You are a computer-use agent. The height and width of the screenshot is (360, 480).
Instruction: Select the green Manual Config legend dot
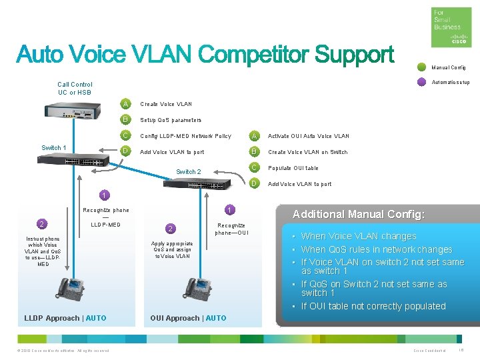421,67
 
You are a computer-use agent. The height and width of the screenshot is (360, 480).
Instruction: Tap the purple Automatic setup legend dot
421,82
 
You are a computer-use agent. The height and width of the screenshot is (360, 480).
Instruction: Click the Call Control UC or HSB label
75,89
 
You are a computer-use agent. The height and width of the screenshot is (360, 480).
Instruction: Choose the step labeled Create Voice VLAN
165,104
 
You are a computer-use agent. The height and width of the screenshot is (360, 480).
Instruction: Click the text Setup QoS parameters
170,120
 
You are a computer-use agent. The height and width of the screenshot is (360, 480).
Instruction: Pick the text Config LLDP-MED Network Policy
185,136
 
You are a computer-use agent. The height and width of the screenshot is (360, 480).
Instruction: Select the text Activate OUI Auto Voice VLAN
308,136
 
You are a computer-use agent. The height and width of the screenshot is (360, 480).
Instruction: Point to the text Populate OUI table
293,168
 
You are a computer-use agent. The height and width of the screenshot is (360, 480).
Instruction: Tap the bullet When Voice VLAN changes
358,236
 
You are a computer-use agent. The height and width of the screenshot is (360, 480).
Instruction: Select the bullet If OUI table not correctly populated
373,306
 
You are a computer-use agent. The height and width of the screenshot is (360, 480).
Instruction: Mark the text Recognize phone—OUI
231,229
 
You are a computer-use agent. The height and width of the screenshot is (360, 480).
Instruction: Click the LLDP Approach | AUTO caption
65,318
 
